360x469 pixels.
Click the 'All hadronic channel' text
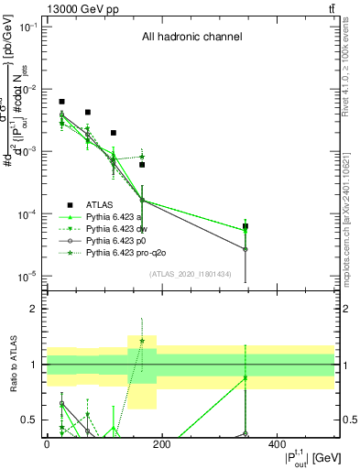coord(191,38)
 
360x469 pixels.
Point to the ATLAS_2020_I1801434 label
coord(189,273)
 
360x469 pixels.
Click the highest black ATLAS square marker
coord(61,102)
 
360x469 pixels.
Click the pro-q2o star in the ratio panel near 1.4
coord(142,341)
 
